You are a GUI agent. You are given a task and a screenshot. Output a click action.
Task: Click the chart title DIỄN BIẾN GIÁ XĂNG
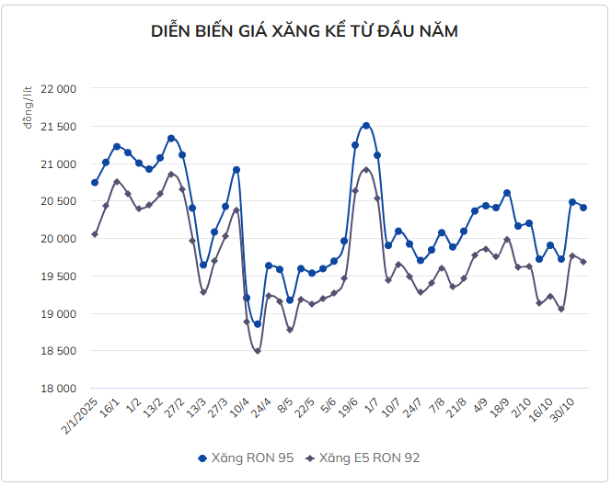(x=305, y=32)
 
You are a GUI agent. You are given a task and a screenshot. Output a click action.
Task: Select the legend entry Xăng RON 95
(x=246, y=457)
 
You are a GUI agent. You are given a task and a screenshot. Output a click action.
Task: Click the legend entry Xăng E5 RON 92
(x=363, y=457)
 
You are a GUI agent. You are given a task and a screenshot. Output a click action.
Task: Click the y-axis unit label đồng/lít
(x=29, y=107)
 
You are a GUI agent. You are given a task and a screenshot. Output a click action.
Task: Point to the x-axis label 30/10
(x=563, y=409)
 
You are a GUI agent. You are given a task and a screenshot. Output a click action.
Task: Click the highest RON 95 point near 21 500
(x=366, y=126)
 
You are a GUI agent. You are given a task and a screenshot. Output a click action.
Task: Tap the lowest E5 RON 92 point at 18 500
(x=258, y=351)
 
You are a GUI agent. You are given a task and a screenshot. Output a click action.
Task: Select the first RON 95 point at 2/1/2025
(x=95, y=183)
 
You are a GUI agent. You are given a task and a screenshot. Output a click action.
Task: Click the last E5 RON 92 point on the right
(x=583, y=262)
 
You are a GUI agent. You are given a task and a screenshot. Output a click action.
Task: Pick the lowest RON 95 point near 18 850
(x=258, y=324)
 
